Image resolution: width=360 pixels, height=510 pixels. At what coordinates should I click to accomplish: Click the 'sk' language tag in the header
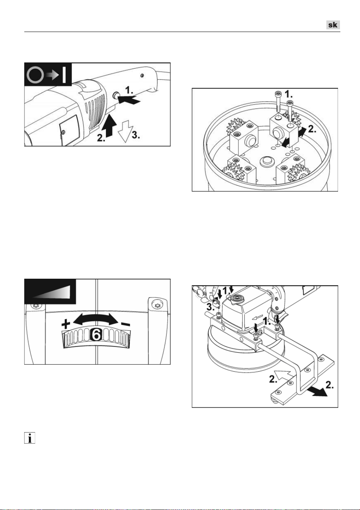[x=333, y=25]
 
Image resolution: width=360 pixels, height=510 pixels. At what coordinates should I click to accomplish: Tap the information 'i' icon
[x=30, y=438]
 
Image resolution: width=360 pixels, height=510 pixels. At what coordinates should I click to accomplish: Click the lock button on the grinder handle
[x=116, y=95]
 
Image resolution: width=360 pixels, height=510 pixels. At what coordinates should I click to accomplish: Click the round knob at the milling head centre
[x=266, y=162]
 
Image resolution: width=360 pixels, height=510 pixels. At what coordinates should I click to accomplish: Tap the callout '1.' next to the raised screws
[x=289, y=94]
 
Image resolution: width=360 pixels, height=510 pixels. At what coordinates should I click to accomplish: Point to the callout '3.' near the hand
[x=210, y=307]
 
